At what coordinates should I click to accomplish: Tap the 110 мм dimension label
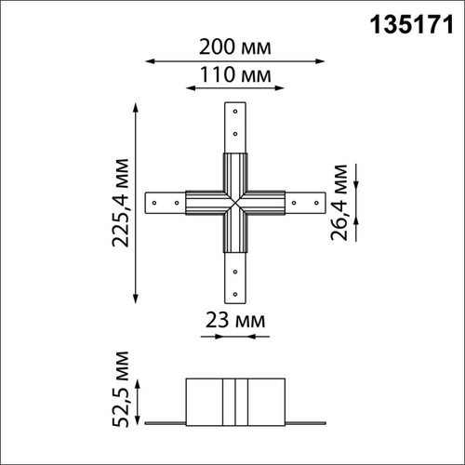point(234,73)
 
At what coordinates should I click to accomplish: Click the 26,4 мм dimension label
point(342,203)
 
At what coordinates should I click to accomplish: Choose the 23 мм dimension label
point(235,320)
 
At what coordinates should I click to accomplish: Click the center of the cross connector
point(235,201)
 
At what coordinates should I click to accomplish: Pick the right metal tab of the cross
point(304,201)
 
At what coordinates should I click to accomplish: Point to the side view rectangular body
point(234,401)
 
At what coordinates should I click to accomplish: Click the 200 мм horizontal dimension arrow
point(235,60)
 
